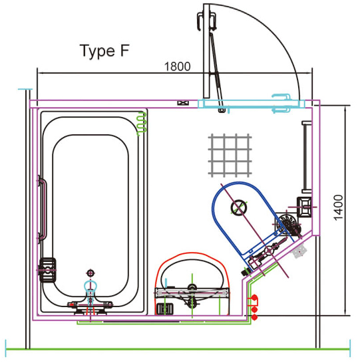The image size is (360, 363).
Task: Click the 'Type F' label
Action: click(x=104, y=51)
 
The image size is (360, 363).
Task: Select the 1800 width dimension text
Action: click(x=178, y=66)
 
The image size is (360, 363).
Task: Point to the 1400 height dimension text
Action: click(x=338, y=209)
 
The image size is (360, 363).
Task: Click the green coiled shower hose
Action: click(x=140, y=124)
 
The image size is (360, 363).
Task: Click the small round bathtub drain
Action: click(x=91, y=273)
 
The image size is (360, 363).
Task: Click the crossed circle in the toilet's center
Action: click(x=236, y=208)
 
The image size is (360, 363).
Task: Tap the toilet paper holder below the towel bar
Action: click(x=304, y=206)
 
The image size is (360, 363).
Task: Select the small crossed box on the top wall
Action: click(x=183, y=103)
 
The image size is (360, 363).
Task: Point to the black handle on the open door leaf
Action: click(x=206, y=21)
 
